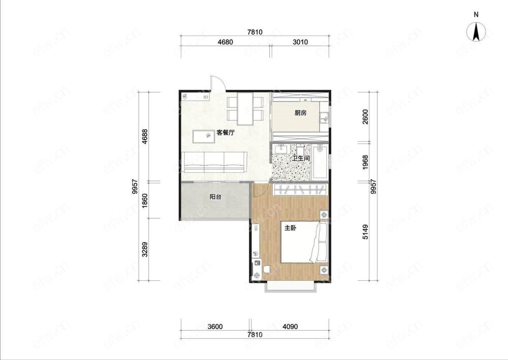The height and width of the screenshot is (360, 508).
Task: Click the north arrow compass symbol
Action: (x=477, y=31)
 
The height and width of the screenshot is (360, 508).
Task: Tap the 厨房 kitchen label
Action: (x=300, y=113)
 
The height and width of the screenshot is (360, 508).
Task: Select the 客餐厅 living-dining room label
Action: (x=226, y=133)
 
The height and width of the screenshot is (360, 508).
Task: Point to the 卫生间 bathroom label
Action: (x=301, y=158)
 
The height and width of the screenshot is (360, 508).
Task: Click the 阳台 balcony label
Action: (x=215, y=197)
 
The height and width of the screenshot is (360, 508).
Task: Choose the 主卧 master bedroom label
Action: (x=290, y=228)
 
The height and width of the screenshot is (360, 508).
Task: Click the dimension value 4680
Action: (x=226, y=42)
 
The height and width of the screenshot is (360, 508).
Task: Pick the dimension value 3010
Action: (x=300, y=42)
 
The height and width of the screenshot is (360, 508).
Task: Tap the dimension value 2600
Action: (x=365, y=117)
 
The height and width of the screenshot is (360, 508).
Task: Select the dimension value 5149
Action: (x=365, y=232)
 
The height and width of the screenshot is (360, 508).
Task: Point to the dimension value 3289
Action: (x=145, y=249)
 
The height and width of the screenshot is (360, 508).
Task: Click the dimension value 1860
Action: (x=145, y=201)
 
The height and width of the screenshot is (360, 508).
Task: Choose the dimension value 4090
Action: (x=290, y=326)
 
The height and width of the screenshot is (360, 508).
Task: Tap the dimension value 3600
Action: (x=215, y=326)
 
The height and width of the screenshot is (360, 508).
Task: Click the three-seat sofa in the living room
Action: (x=215, y=162)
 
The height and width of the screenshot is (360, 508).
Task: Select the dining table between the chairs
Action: (x=245, y=109)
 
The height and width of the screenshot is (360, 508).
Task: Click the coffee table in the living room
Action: (x=204, y=136)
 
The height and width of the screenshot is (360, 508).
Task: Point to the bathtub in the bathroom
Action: (x=320, y=162)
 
